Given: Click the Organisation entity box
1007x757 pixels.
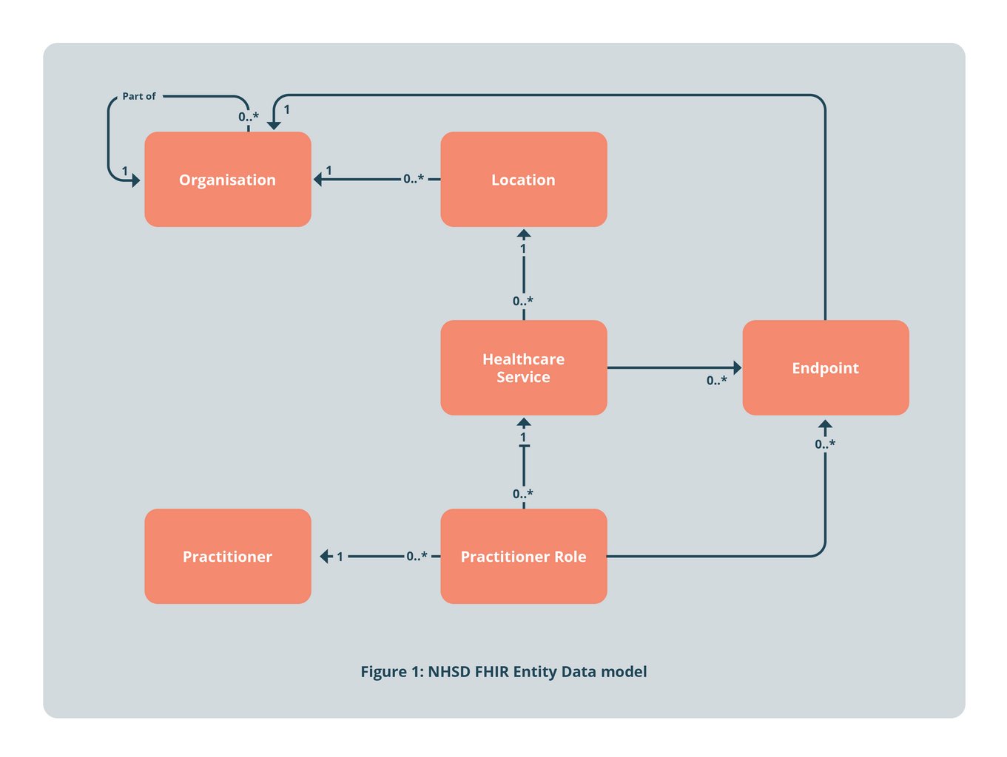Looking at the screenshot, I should (x=227, y=180).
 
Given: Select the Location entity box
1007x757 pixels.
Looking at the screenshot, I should (x=523, y=180).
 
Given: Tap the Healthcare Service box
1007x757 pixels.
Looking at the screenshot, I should (x=523, y=367).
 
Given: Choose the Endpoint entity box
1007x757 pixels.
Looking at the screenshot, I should (x=825, y=367).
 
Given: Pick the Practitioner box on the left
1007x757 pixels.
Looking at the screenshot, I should (x=227, y=556).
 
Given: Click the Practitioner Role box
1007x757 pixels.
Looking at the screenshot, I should (x=523, y=556).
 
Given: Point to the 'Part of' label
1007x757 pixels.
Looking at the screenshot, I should (x=139, y=96).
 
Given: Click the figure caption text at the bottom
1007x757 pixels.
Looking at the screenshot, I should (x=503, y=671).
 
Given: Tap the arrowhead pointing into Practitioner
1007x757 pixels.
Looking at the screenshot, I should (x=325, y=556).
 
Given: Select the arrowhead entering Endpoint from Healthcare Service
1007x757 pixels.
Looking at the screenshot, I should (x=737, y=367).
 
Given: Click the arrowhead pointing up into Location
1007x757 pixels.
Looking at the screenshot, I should (x=524, y=234).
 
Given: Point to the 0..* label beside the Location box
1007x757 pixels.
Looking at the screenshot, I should (x=414, y=179).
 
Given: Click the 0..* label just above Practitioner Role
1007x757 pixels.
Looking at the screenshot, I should (x=523, y=494).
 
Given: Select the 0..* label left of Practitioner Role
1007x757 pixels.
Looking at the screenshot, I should (x=417, y=556).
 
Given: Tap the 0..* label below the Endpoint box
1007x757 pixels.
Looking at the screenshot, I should (x=825, y=444).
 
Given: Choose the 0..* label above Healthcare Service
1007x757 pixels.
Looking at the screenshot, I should (x=523, y=301).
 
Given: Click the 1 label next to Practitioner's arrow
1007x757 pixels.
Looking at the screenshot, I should (x=340, y=557).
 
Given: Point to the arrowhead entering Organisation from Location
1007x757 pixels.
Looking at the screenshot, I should (x=317, y=179).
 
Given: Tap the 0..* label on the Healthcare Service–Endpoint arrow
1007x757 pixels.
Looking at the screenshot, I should (x=716, y=381).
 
